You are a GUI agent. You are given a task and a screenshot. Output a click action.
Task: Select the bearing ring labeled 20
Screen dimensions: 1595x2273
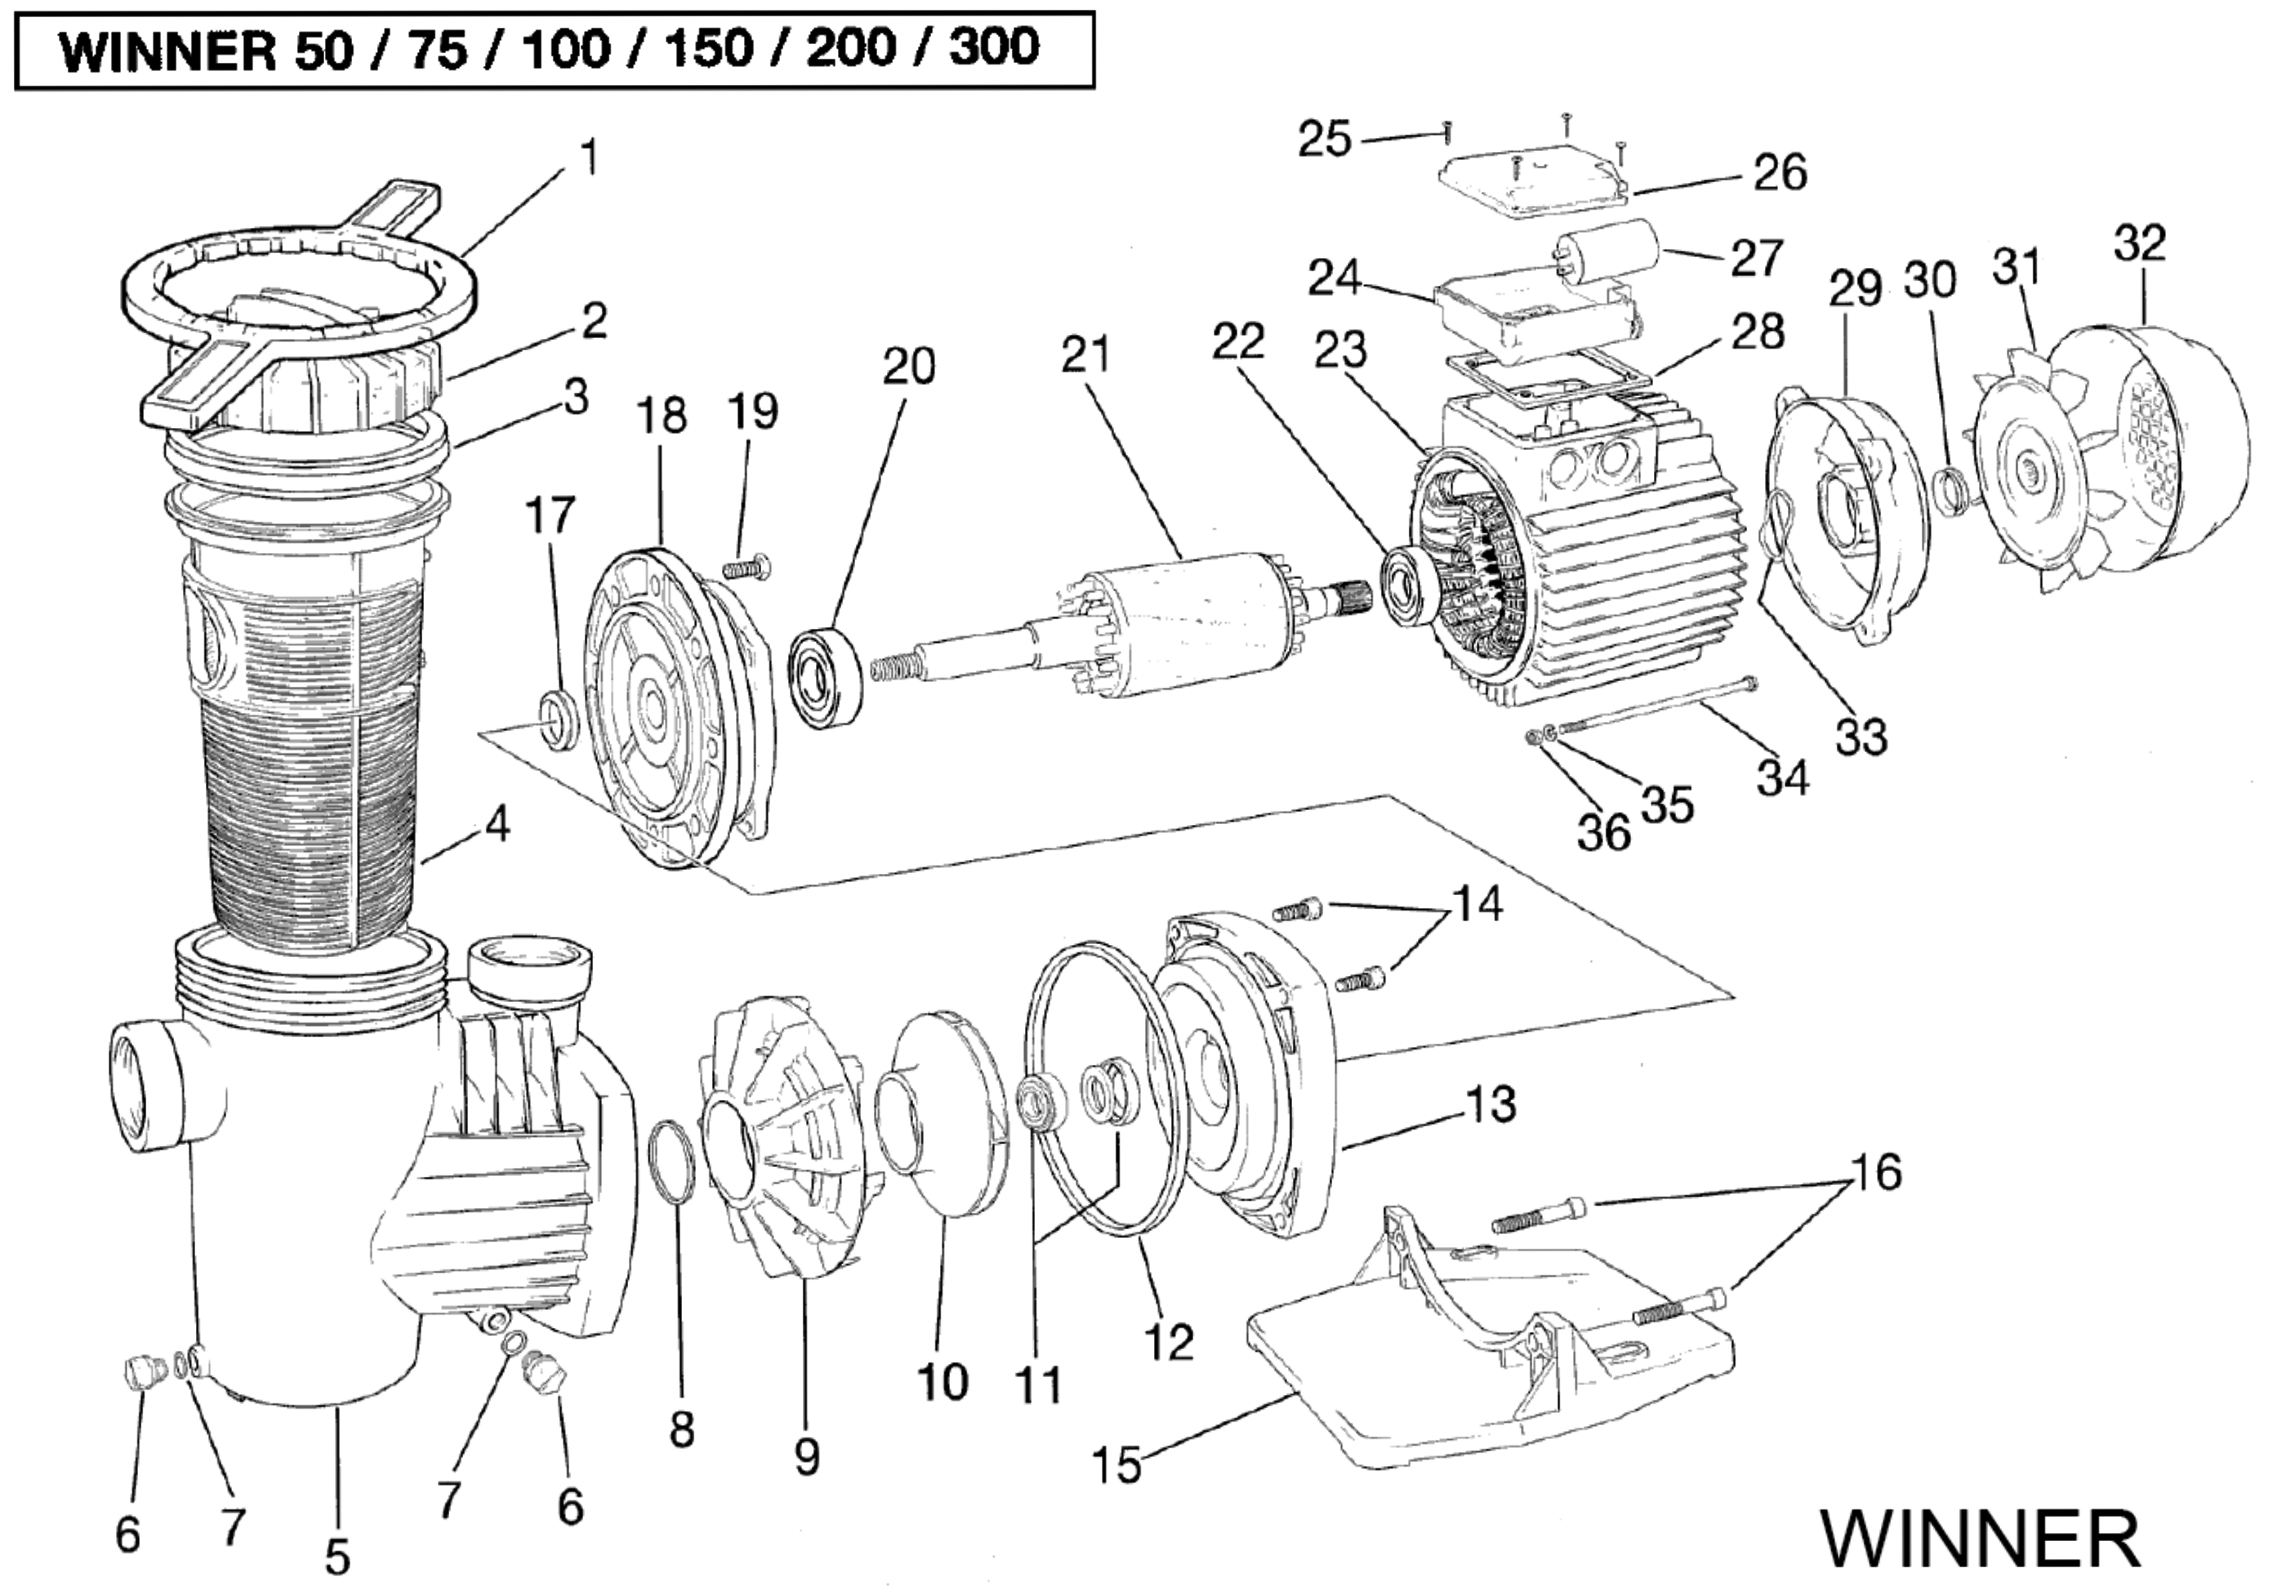pyautogui.click(x=827, y=678)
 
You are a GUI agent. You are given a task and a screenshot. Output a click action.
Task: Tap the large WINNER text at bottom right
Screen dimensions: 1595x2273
pyautogui.click(x=1981, y=1538)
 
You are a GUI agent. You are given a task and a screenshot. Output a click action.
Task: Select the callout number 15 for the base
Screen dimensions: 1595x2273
pyautogui.click(x=1116, y=1466)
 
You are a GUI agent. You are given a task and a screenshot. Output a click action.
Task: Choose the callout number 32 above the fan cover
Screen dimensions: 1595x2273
pyautogui.click(x=2139, y=243)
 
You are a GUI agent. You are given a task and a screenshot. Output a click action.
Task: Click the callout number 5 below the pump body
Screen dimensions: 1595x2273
pyautogui.click(x=337, y=1557)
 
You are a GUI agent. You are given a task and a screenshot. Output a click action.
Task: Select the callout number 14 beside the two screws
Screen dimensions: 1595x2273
pyautogui.click(x=1477, y=904)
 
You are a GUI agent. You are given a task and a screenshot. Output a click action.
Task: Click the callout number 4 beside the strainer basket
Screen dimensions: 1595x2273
pyautogui.click(x=496, y=824)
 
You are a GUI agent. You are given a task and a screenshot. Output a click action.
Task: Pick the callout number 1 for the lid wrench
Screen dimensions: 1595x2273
pyautogui.click(x=589, y=158)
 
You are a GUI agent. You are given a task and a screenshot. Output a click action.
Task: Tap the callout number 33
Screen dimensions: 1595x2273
pyautogui.click(x=1861, y=737)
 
